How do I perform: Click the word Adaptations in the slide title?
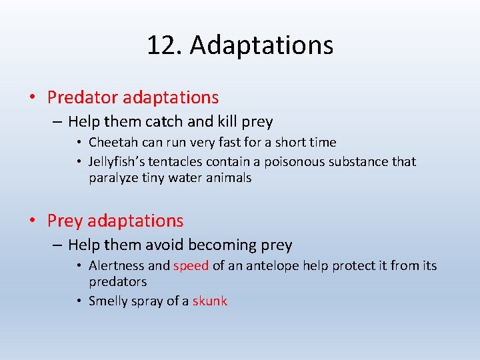(x=261, y=45)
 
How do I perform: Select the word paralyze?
(x=113, y=178)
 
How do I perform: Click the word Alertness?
(x=116, y=265)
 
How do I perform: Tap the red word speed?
(x=191, y=265)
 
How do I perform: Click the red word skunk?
(x=210, y=301)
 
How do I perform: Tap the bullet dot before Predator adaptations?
(x=33, y=98)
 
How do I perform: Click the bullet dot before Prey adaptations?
(x=33, y=221)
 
